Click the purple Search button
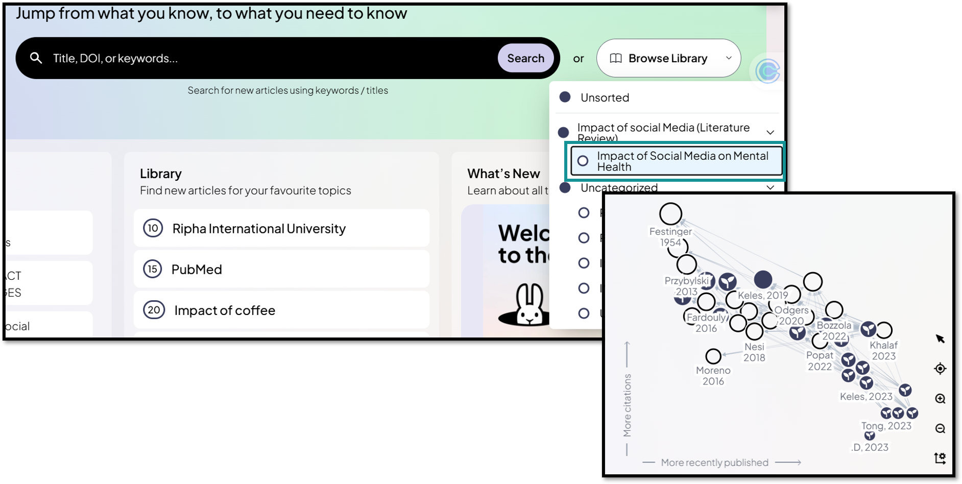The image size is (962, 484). click(525, 58)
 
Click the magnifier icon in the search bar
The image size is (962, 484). click(36, 58)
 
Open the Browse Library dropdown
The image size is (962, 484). click(668, 58)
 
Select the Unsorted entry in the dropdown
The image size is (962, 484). click(605, 98)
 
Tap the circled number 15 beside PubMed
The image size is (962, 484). click(153, 269)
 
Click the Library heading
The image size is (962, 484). click(161, 174)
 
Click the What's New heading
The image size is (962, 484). click(503, 174)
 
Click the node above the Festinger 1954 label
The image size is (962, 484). click(670, 214)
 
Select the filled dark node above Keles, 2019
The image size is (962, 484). click(763, 279)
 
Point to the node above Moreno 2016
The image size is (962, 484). click(713, 356)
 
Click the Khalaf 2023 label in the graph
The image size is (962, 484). click(883, 350)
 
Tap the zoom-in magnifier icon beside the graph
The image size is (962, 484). click(940, 399)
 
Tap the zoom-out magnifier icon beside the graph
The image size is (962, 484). click(940, 428)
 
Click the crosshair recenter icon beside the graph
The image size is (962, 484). click(940, 369)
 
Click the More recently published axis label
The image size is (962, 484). click(714, 463)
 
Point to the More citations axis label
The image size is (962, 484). click(627, 405)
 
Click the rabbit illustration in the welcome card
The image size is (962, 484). click(530, 304)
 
